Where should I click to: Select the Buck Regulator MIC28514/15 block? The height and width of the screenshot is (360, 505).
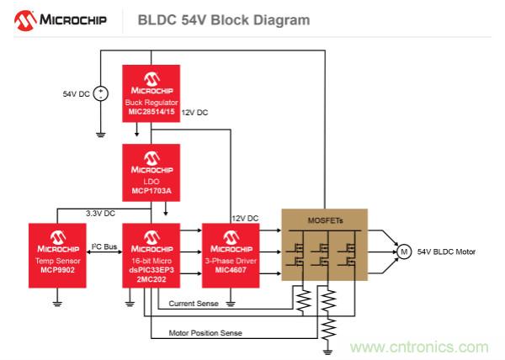click(x=151, y=92)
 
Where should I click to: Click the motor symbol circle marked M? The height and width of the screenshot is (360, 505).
click(x=402, y=251)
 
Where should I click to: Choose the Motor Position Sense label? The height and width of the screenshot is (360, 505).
click(x=205, y=333)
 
